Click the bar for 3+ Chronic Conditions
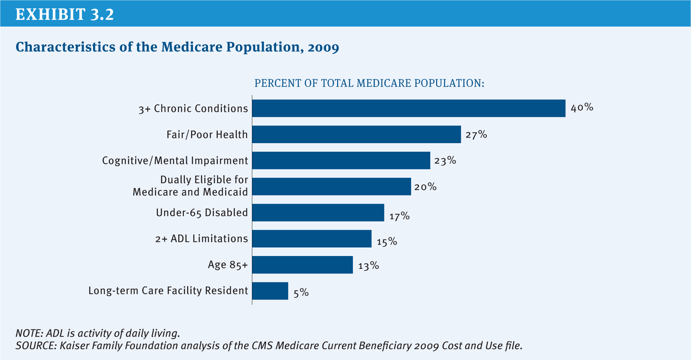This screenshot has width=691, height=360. pyautogui.click(x=408, y=108)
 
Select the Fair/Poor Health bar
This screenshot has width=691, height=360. pyautogui.click(x=357, y=134)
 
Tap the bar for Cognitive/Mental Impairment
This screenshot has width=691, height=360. pyautogui.click(x=341, y=160)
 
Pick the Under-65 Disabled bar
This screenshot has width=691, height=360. pyautogui.click(x=318, y=213)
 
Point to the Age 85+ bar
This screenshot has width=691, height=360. pyautogui.click(x=302, y=265)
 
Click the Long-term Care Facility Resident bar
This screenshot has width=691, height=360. pyautogui.click(x=270, y=291)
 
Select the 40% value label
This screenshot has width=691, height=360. pyautogui.click(x=582, y=108)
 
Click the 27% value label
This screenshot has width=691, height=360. pyautogui.click(x=476, y=134)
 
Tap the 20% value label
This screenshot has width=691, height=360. pyautogui.click(x=425, y=187)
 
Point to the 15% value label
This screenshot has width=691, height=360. pyautogui.click(x=387, y=242)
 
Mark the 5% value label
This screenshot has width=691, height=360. pyautogui.click(x=301, y=293)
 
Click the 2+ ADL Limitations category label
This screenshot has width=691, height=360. pyautogui.click(x=201, y=239)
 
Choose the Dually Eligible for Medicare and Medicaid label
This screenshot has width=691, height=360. pyautogui.click(x=190, y=186)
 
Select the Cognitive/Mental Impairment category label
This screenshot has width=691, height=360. pyautogui.click(x=175, y=161)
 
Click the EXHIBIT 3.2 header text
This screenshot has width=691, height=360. pyautogui.click(x=64, y=14)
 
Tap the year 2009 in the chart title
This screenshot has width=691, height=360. pyautogui.click(x=323, y=47)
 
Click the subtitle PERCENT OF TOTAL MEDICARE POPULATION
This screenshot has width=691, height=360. pyautogui.click(x=369, y=83)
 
